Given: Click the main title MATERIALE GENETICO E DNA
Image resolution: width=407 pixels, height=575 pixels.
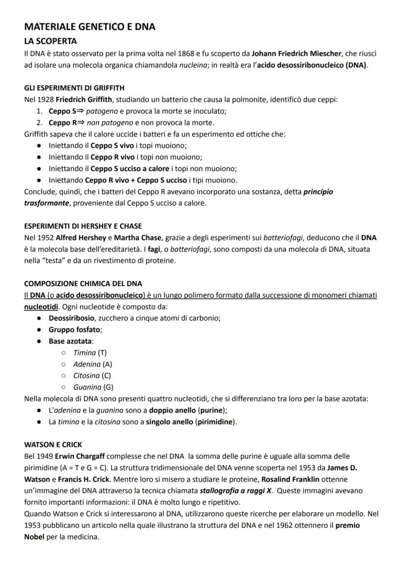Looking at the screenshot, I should [89, 27].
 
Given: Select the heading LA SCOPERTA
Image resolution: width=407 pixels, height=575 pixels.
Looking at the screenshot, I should [50, 41].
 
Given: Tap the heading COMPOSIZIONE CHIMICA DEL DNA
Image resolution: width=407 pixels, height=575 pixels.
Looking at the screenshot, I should [83, 284].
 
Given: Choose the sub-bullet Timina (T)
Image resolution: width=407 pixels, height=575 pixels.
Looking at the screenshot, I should [89, 353].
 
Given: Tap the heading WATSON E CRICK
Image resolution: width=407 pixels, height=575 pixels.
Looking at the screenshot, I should [53, 444].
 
